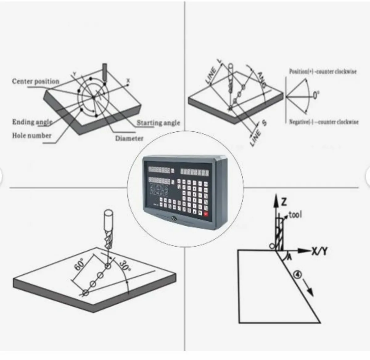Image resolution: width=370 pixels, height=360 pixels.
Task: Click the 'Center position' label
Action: point(35,82)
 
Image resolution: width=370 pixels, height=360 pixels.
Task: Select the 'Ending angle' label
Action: point(32,122)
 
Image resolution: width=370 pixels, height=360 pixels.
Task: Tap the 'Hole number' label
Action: point(31,136)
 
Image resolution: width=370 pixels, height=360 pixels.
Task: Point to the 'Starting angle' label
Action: point(158,123)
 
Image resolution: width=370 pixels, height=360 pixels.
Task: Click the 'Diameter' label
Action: point(129,139)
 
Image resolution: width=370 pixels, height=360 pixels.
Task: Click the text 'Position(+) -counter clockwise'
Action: point(323,71)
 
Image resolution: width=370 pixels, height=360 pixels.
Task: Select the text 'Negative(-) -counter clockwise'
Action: point(323,122)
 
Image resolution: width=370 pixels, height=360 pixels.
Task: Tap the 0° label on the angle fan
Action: point(316,95)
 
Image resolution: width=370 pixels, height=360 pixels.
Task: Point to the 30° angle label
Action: point(124,265)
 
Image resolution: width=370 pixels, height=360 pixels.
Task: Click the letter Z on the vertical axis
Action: point(284,202)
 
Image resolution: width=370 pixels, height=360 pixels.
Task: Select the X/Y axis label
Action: point(319,252)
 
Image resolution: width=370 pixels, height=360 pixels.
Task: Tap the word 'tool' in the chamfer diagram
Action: point(295,215)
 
